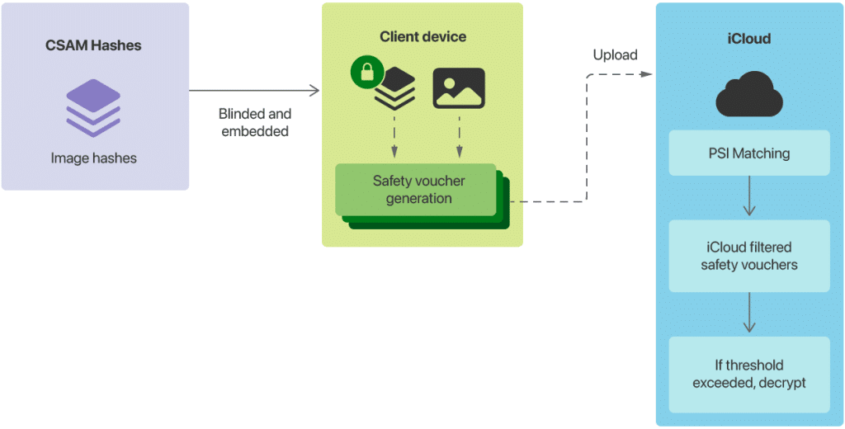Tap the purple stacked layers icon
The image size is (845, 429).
(93, 108)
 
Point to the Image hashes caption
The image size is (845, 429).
(94, 158)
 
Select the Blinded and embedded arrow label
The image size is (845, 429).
(254, 122)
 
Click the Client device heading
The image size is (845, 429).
(422, 37)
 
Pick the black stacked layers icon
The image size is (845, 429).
(394, 90)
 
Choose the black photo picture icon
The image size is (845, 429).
(459, 88)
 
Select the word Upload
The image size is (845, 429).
(615, 55)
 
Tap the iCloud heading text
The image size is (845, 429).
(748, 39)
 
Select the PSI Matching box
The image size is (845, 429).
(748, 153)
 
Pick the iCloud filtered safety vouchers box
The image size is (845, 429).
(748, 256)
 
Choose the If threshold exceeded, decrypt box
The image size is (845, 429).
(748, 374)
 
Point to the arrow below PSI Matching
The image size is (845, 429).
(748, 197)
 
